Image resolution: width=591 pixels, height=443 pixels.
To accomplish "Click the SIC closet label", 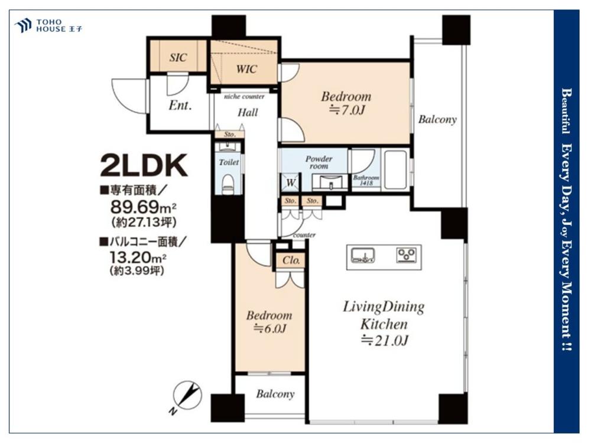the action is point(178,57).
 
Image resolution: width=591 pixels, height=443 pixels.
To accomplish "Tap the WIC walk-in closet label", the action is point(246,69).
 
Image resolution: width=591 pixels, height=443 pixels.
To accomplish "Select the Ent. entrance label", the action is point(180,105).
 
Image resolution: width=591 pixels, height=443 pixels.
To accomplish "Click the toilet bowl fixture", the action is point(228,184).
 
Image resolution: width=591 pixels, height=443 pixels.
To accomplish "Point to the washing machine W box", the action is point(290,183).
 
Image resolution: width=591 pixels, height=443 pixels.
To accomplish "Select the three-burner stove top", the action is point(407,255).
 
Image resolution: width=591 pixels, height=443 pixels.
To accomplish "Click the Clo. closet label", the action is point(291,260).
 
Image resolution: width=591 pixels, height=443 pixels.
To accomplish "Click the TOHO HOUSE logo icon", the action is point(22,25).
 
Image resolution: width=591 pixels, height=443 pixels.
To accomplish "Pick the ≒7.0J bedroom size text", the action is point(347,110).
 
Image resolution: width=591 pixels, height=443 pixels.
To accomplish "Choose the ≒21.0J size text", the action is point(385,341).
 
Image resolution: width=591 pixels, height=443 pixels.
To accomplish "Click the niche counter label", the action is point(244,97).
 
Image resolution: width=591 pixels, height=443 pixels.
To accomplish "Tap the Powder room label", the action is point(319,162).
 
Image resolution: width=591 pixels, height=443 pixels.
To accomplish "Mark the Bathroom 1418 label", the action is point(366,180).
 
